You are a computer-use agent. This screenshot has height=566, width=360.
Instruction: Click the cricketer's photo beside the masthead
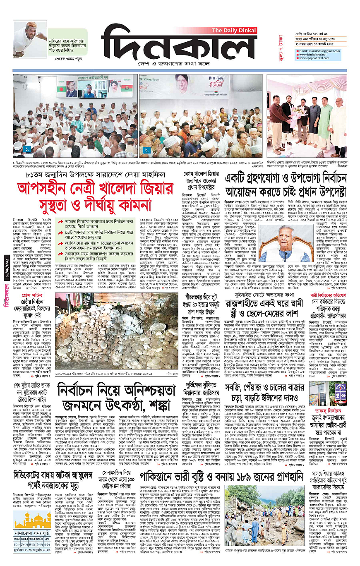(x=24, y=39)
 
